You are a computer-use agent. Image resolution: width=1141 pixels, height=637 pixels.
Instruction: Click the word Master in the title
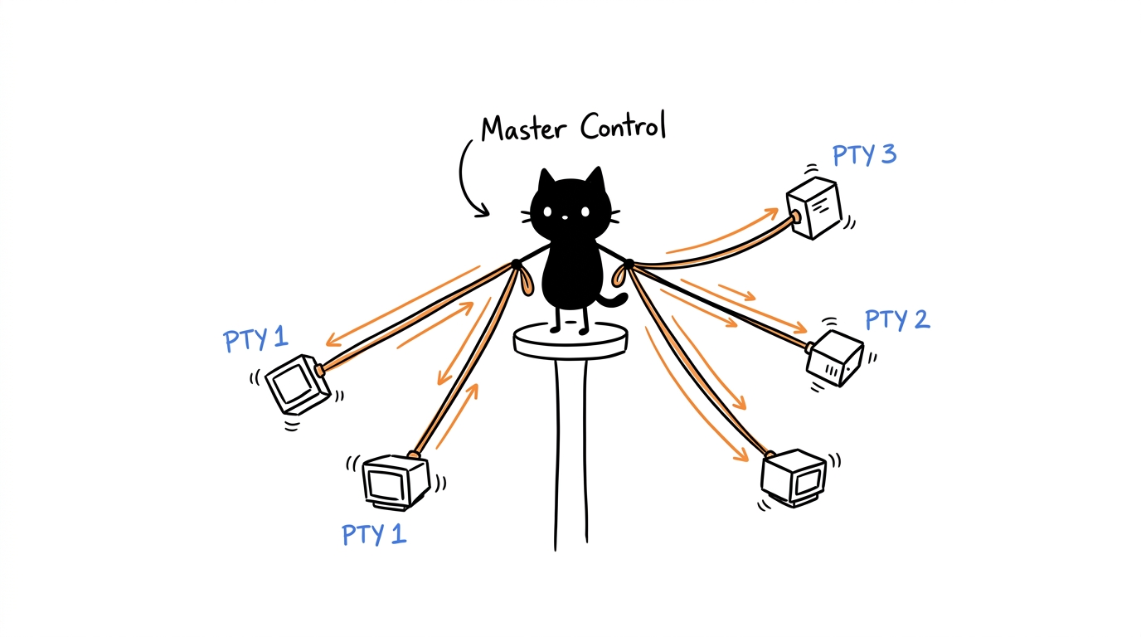click(523, 129)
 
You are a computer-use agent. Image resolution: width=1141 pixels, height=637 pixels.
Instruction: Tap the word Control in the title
click(623, 125)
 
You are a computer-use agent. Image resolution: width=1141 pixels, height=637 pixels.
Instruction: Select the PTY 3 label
click(864, 155)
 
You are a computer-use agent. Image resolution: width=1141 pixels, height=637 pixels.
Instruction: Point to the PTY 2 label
click(897, 320)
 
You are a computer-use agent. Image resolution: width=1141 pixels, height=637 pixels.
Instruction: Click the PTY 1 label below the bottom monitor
click(375, 535)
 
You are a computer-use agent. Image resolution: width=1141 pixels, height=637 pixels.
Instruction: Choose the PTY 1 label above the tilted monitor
click(255, 339)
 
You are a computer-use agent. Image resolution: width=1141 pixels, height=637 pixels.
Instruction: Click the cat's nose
click(565, 217)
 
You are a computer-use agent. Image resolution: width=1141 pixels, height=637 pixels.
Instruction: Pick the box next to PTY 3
click(814, 207)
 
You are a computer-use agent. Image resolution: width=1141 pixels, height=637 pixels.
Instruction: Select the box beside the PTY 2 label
click(835, 358)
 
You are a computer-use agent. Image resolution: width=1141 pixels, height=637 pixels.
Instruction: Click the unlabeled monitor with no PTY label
click(794, 478)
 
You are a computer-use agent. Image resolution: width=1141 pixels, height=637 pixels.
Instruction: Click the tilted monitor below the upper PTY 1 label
click(298, 384)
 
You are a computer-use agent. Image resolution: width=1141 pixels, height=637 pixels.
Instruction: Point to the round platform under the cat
click(570, 340)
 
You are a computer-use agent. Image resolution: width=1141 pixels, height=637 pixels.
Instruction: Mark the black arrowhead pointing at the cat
click(481, 211)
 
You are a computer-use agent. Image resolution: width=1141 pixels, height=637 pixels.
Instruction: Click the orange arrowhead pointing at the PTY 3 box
click(771, 213)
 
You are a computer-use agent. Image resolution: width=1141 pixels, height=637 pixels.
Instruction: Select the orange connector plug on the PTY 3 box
click(795, 217)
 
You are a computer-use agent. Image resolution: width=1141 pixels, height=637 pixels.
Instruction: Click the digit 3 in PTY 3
click(888, 154)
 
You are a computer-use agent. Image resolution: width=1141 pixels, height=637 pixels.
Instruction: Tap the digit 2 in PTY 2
click(921, 319)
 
